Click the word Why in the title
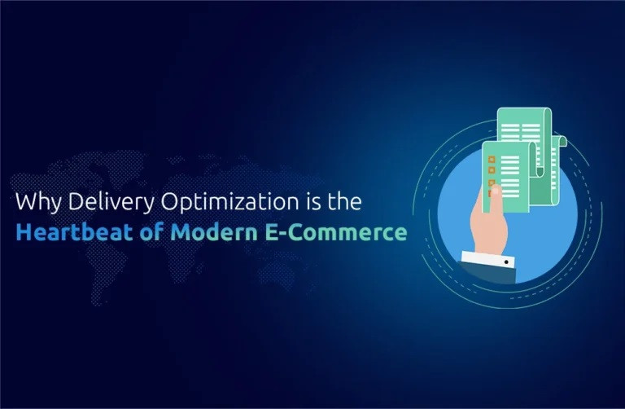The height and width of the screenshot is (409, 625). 38,202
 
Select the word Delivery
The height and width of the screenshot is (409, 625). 111,202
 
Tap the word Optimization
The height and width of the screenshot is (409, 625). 229,202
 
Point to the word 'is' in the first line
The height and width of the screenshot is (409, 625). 312,201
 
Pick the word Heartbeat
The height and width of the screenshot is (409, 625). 75,232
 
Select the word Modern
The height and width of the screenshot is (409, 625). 214,232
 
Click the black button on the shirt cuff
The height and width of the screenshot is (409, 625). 506,262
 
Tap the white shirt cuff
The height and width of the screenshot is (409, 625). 488,259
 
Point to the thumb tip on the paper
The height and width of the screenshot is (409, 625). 496,191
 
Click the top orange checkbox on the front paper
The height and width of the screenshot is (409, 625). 492,159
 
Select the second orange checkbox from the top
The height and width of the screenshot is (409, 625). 492,170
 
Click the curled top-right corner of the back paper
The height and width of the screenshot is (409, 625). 562,140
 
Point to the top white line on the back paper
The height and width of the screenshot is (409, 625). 521,126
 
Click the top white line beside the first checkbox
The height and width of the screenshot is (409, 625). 509,157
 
